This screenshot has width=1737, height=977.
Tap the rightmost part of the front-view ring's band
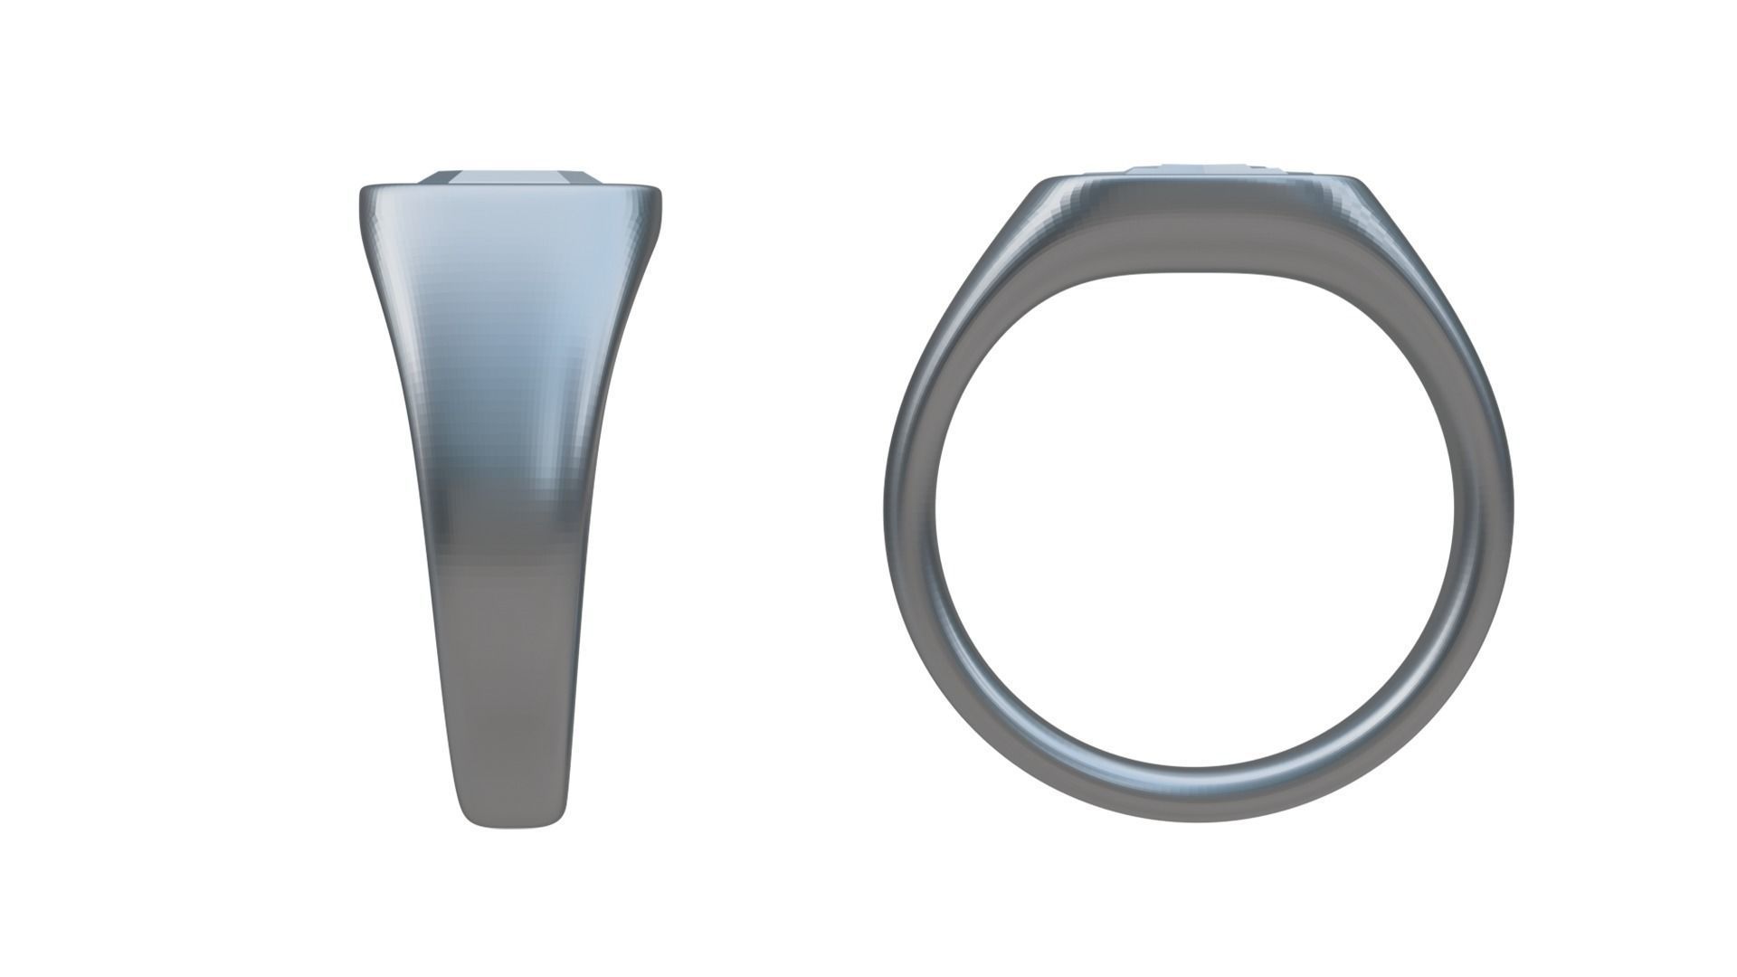tap(1499, 507)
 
